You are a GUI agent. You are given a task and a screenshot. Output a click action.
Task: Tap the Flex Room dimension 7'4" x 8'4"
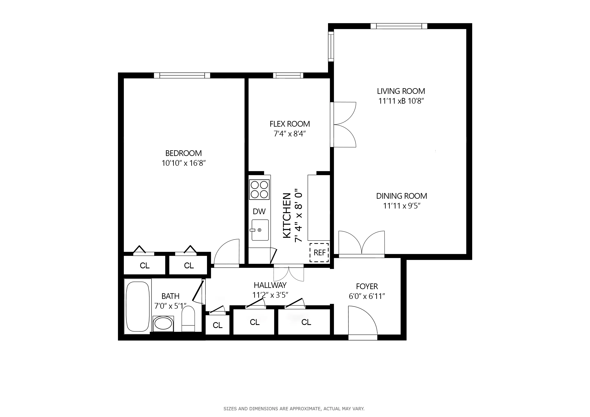point(290,134)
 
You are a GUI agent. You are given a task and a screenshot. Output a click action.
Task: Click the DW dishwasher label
point(259,212)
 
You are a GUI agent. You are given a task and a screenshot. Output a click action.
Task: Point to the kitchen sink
point(260,230)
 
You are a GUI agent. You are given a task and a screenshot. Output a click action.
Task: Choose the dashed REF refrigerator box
point(319,253)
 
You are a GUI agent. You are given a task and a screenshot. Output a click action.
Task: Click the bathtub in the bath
point(138,307)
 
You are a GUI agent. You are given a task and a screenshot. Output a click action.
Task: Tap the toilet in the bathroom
point(188,319)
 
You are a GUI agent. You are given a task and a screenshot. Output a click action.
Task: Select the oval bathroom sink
point(163,324)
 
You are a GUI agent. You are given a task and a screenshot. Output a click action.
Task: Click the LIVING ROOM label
point(401,91)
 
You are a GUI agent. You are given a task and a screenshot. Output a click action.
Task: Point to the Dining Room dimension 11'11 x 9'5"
point(402,206)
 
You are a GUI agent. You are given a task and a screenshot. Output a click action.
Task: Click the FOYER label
point(367,286)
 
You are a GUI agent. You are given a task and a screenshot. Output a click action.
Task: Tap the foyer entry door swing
point(362,321)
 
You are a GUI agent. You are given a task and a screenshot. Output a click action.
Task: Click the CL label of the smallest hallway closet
point(217,325)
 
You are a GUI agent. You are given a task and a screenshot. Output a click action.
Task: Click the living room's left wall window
point(331,46)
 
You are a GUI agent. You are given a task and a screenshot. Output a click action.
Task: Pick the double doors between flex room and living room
point(343,125)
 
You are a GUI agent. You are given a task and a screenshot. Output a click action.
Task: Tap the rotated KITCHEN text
point(287,215)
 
